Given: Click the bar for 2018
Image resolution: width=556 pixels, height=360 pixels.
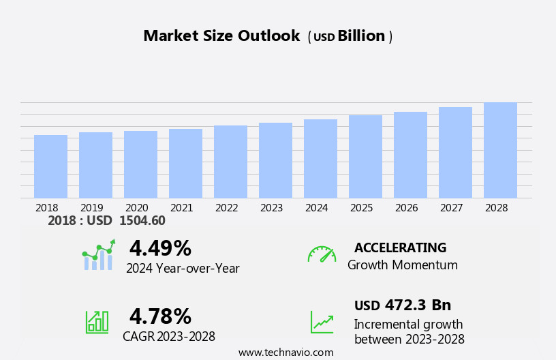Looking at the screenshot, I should click(x=50, y=166).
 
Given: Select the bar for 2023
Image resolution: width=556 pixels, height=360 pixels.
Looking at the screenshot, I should click(x=275, y=160).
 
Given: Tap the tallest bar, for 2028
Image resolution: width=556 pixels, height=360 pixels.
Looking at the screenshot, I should click(x=500, y=150).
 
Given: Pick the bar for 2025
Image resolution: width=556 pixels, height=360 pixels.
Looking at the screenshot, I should click(x=365, y=157).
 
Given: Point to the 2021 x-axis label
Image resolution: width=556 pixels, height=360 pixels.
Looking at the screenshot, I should click(x=181, y=208).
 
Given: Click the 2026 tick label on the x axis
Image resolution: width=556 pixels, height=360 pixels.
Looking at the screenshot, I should click(x=406, y=208).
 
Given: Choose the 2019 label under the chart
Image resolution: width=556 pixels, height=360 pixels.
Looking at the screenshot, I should click(x=91, y=208).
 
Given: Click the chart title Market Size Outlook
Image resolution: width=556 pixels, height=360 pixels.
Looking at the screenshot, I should click(x=221, y=36).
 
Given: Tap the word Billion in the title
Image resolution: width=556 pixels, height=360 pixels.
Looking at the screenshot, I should click(x=361, y=36).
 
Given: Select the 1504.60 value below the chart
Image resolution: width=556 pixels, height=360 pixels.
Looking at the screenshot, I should click(x=142, y=221).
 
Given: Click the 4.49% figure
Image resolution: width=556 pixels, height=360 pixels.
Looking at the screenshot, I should click(x=160, y=248).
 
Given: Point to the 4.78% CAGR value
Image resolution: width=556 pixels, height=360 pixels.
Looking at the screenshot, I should click(x=160, y=316).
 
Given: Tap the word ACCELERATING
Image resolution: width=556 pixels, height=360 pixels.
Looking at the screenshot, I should click(x=400, y=247).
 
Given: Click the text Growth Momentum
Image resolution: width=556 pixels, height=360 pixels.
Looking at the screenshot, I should click(x=402, y=265).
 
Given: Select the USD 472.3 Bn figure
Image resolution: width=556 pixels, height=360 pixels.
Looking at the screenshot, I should click(x=402, y=305).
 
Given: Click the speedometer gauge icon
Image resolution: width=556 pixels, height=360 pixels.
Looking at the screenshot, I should click(x=322, y=254).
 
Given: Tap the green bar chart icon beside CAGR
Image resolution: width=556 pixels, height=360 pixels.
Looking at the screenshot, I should click(x=97, y=321).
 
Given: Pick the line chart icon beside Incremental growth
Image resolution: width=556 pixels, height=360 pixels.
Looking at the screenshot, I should click(x=322, y=322).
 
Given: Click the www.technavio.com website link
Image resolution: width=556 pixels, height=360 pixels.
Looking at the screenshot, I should click(x=285, y=352).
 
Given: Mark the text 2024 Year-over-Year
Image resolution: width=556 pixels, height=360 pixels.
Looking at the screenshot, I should click(x=183, y=269).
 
